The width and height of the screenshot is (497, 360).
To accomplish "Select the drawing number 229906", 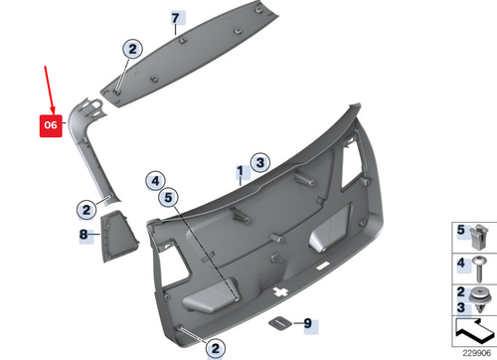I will click(474, 350).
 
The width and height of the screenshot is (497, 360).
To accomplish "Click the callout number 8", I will click(83, 235).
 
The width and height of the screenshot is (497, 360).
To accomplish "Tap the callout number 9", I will click(307, 323).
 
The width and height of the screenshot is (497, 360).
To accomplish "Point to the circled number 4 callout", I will click(155, 180).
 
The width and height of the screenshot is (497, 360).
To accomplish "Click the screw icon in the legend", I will click(481, 266).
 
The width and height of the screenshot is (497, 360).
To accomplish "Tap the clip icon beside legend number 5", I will click(481, 237).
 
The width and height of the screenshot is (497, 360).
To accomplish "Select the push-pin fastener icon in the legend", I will click(481, 299).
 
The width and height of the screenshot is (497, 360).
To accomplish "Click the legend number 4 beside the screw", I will click(461, 263).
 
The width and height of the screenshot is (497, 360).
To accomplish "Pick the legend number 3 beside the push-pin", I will click(461, 304).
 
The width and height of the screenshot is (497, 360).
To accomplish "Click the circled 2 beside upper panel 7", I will click(132, 47).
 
